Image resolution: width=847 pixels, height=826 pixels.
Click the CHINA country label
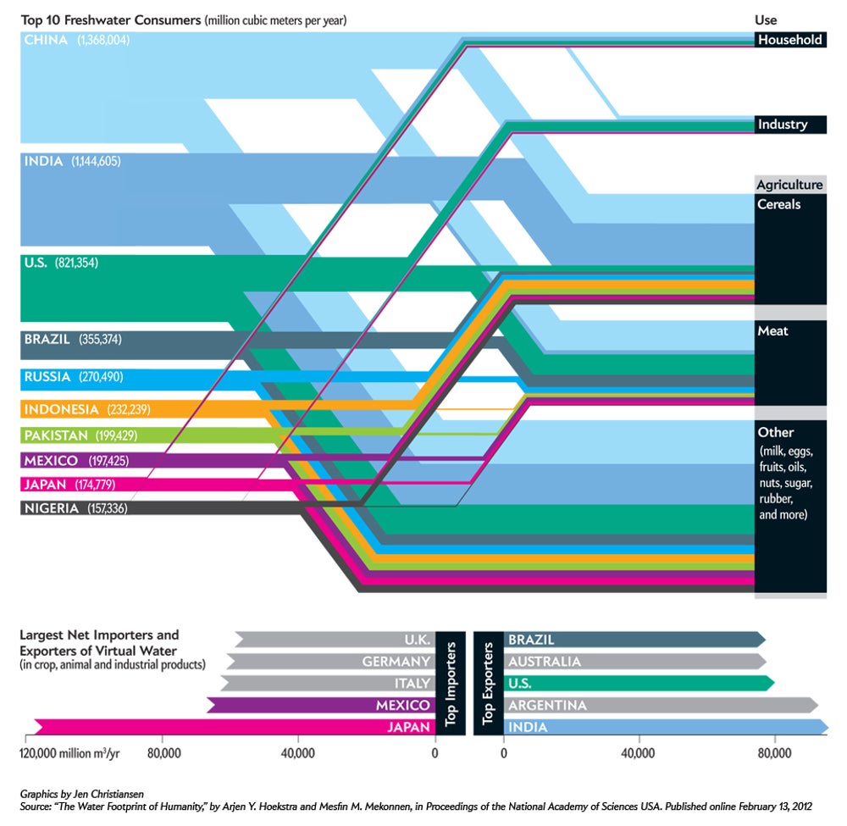click(46, 40)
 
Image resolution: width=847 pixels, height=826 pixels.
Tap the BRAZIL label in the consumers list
click(48, 340)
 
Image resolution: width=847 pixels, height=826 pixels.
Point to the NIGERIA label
click(52, 508)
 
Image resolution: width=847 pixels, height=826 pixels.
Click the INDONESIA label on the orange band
click(62, 409)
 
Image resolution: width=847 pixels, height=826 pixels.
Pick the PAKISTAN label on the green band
click(56, 435)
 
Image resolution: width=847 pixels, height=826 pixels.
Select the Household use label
click(789, 40)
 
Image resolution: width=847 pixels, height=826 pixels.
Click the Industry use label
click(782, 125)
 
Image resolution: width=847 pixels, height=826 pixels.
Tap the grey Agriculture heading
click(789, 185)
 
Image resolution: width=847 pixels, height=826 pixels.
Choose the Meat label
click(772, 330)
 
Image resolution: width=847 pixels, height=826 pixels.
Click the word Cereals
click(779, 205)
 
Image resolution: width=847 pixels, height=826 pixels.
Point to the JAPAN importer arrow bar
click(237, 727)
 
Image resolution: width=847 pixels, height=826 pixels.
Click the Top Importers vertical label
click(451, 682)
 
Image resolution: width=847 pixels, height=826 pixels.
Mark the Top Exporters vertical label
click(488, 682)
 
